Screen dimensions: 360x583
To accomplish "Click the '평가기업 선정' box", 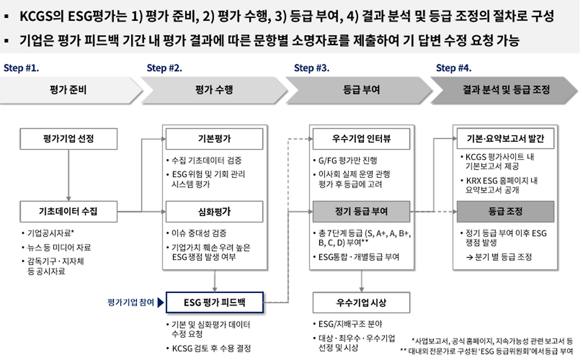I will (68, 138).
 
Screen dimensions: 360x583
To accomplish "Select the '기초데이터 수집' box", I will (68, 211).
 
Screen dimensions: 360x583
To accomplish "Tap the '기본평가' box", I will (214, 138).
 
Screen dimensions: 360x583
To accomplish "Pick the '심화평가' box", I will (214, 211).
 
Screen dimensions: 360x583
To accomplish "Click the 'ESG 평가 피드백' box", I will (214, 302).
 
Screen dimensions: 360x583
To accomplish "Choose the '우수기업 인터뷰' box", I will (361, 138).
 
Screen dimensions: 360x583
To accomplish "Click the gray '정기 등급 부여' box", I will (361, 211).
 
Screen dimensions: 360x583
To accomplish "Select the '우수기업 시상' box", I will (361, 302).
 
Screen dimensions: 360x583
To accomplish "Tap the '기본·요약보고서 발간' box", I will (505, 138).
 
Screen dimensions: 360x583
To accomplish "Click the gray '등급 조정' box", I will (505, 211).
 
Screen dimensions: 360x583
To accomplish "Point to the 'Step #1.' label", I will (21, 68).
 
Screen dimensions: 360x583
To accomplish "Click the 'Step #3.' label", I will (312, 68).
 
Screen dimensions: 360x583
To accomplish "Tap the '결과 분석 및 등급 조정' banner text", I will (506, 90).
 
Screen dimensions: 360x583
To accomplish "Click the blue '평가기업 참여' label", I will (130, 302).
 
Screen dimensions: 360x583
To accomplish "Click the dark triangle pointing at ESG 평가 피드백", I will (160, 302).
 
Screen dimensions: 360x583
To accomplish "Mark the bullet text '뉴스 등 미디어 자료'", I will (59, 248).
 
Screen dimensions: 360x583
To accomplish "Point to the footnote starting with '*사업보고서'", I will (492, 340).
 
